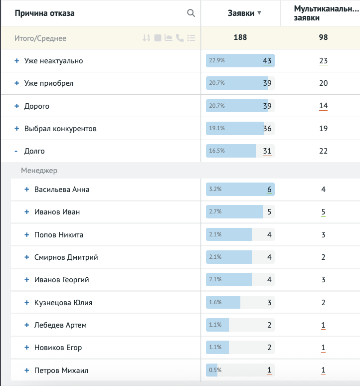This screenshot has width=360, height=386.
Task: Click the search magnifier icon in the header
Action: point(191,13)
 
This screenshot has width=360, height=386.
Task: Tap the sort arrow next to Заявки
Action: point(259,13)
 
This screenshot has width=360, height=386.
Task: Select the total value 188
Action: point(240,38)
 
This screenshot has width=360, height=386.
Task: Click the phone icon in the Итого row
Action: point(180,38)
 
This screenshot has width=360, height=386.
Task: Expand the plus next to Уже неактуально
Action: point(16,61)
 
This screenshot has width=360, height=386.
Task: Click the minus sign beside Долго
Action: point(16,151)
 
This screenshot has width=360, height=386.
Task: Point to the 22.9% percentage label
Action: point(217,61)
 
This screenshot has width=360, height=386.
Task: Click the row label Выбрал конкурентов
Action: point(60,129)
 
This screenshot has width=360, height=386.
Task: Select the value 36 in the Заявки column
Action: point(267,129)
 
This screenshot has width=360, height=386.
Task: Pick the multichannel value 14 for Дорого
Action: point(323,106)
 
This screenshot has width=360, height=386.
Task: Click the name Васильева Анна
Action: point(62,190)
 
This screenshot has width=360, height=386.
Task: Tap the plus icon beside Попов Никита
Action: point(27,235)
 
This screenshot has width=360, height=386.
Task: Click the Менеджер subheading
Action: point(39,171)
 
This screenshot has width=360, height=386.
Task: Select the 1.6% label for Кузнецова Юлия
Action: point(216,303)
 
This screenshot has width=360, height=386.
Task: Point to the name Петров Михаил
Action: point(61,371)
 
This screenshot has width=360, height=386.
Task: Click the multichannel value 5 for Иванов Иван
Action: point(323,212)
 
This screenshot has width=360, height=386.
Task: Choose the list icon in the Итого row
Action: point(191,38)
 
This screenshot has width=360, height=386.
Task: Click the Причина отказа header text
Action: point(44,13)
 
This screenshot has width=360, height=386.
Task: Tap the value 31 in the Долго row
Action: point(267,151)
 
